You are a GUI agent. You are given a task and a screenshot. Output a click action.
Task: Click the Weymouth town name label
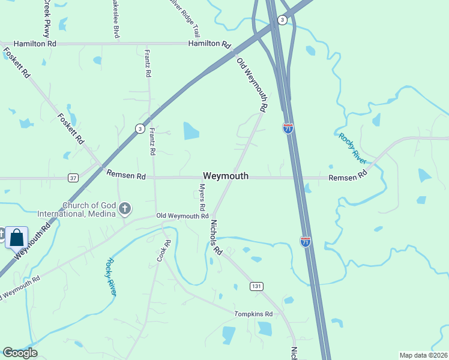pos(226,176)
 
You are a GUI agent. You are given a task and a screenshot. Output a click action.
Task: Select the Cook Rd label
pos(160,250)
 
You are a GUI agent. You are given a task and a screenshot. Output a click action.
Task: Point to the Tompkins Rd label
pos(253,314)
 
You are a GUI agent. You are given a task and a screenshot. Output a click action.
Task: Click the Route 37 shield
pos(73,178)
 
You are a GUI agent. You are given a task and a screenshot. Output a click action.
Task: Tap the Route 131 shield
pos(257,286)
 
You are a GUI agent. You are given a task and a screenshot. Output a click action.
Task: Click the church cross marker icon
pos(125,209)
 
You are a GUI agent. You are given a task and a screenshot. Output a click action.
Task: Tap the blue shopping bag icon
pos(17,238)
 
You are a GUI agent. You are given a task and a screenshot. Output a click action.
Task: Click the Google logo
pos(20,353)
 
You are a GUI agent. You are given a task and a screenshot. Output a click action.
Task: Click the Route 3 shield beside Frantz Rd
pos(139,128)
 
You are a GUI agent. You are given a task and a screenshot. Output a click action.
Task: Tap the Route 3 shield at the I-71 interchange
pos(282,20)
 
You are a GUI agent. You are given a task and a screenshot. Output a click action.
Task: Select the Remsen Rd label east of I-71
pos(348,177)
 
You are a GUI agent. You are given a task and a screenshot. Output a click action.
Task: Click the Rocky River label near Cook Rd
pos(111,277)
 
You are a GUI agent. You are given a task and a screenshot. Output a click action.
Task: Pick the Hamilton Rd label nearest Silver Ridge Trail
pos(209,44)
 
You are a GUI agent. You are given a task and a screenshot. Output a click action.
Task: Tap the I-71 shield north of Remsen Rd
pos(288,128)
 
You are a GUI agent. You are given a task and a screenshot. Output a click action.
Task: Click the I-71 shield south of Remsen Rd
pos(306,242)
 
